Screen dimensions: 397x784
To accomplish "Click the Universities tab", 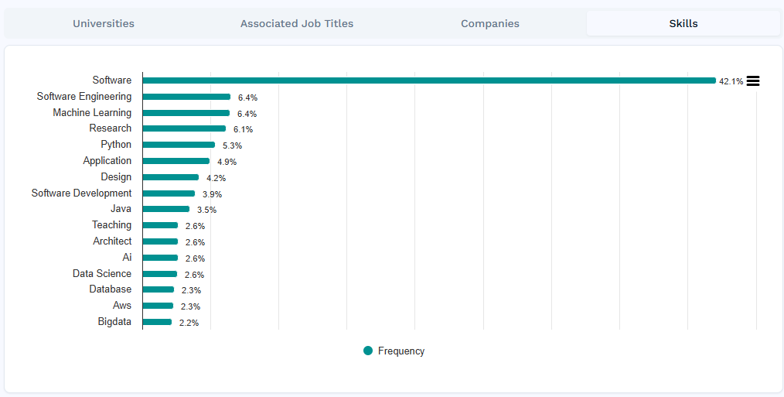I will point(104,23).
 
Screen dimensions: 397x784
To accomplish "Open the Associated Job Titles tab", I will point(297,23).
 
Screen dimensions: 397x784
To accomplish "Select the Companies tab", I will point(490,23).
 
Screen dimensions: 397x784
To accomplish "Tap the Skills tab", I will point(683,23).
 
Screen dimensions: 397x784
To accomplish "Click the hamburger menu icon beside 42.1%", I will point(753,80).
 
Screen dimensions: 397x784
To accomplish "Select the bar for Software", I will point(429,80).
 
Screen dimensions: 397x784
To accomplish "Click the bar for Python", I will point(179,145).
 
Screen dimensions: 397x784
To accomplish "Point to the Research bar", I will point(184,128).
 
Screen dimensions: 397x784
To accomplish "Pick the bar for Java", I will point(166,209).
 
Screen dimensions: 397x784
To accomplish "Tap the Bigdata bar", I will point(157,322).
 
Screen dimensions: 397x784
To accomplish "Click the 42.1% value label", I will point(731,81).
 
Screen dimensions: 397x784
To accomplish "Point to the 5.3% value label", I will point(232,145).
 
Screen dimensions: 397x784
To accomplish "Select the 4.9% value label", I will point(227,162).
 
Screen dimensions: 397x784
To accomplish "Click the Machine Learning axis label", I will point(92,112).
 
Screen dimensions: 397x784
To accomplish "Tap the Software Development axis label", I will point(81,193).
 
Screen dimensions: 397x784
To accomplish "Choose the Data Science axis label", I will point(102,273).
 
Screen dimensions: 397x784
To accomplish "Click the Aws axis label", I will point(122,305).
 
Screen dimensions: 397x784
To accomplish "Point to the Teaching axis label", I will point(111,224).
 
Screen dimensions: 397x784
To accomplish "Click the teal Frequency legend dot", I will point(368,351).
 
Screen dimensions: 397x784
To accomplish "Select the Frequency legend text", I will point(401,351).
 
